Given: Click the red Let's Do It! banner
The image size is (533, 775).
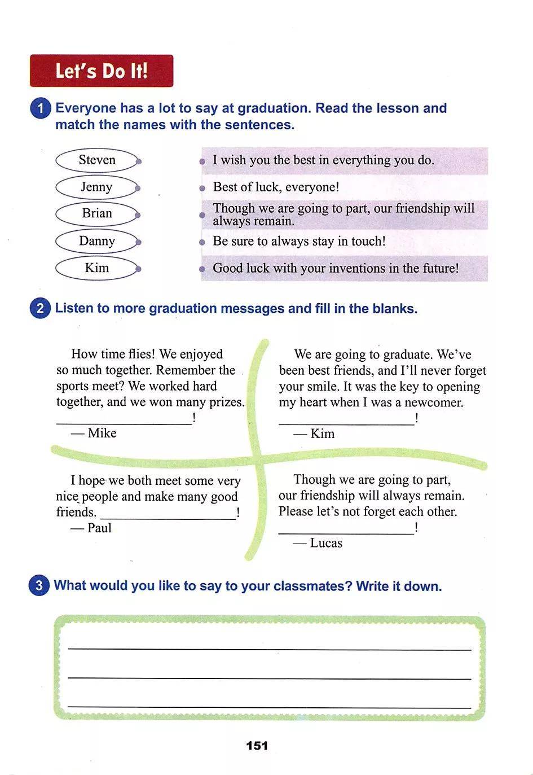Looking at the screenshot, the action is click(x=102, y=71).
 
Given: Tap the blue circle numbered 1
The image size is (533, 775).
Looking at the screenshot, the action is click(x=41, y=108).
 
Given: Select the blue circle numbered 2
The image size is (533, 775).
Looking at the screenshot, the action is click(x=40, y=308).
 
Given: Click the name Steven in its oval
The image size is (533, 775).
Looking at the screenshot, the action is click(x=97, y=160).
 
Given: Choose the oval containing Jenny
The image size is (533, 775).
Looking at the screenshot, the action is click(x=96, y=187).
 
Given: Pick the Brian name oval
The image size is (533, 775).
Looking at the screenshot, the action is click(x=97, y=213).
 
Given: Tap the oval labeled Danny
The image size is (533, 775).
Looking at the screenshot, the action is click(x=97, y=241).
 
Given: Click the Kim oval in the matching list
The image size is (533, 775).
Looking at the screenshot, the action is click(x=97, y=268).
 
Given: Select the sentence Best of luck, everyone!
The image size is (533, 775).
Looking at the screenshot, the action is click(x=276, y=187).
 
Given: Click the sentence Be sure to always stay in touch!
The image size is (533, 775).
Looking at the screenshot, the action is click(x=299, y=241).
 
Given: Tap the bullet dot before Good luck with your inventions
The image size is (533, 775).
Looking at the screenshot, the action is click(x=202, y=269).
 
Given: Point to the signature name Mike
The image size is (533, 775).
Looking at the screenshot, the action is click(x=102, y=433).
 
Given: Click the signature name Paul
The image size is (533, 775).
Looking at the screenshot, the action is click(x=99, y=528).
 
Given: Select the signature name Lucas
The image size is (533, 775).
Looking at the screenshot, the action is click(x=326, y=543).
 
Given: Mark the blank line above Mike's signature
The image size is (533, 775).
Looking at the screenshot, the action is click(x=124, y=423).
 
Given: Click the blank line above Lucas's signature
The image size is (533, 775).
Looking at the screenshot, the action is click(x=346, y=534).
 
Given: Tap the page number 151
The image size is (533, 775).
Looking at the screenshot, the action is click(x=257, y=745).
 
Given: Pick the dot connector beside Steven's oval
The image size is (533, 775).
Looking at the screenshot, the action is click(x=139, y=161).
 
